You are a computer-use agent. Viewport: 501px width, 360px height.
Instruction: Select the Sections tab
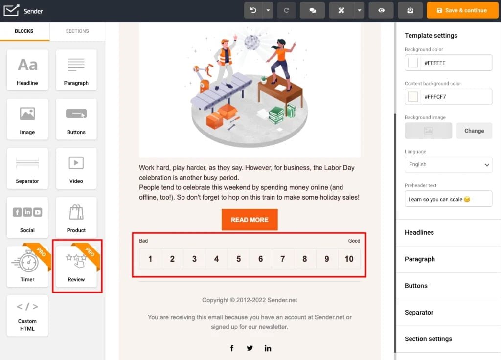(77, 31)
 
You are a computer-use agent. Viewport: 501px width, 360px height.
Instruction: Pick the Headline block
(27, 70)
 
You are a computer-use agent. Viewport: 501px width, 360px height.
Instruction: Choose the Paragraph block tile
(76, 70)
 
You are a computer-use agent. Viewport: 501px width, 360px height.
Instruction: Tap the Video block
(76, 168)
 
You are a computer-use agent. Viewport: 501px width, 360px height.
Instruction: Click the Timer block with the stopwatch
(27, 267)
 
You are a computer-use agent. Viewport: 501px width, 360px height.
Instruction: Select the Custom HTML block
(27, 315)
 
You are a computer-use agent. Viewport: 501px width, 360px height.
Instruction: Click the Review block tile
(76, 267)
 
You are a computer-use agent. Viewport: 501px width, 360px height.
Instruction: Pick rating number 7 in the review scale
(283, 259)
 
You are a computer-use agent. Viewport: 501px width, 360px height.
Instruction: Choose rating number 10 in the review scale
(349, 259)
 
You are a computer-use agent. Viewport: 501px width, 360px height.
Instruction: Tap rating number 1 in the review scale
(150, 259)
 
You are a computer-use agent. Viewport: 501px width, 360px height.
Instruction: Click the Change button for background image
(474, 131)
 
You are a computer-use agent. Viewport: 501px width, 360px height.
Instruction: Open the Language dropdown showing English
(448, 165)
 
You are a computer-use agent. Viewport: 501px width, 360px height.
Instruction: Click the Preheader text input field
(448, 199)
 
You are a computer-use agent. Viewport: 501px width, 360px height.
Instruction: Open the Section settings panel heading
(428, 339)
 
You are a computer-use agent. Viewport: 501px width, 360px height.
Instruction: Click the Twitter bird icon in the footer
(250, 348)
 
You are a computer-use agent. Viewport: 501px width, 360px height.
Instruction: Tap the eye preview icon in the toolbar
(381, 10)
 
